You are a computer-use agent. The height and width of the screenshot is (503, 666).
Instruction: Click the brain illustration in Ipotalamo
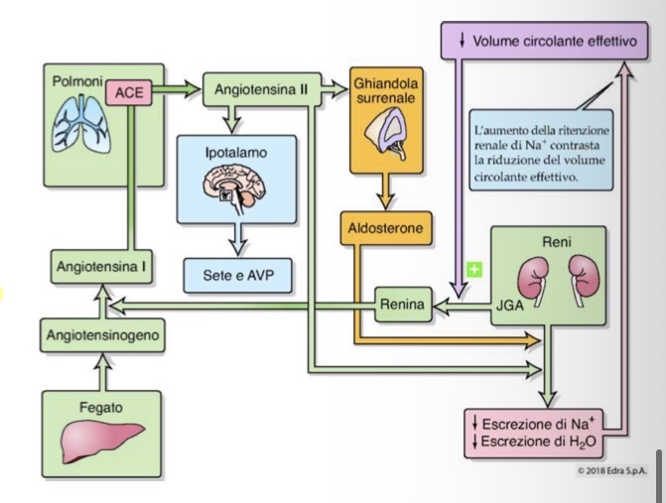(x=236, y=187)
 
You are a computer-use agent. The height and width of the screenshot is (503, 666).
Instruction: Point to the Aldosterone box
(x=386, y=229)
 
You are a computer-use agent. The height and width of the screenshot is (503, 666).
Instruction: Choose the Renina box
(x=402, y=306)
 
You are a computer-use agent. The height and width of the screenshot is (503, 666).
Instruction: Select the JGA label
(x=507, y=306)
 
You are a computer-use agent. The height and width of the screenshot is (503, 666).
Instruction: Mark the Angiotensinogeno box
(x=103, y=335)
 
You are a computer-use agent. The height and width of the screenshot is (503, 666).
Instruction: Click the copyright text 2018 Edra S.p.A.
(x=602, y=469)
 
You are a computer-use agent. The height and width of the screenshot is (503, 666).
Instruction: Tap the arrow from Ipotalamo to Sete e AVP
(x=235, y=237)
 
